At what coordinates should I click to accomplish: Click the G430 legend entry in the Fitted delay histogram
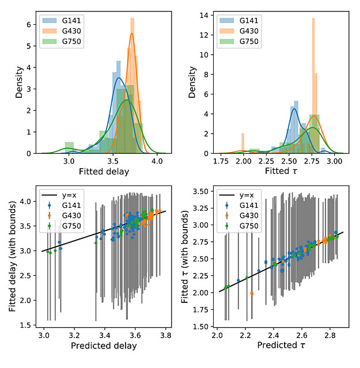click(x=62, y=31)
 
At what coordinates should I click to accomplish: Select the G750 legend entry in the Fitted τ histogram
click(x=239, y=41)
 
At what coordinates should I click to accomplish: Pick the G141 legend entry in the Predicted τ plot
click(x=239, y=206)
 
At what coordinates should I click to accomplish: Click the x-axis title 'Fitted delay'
click(x=104, y=172)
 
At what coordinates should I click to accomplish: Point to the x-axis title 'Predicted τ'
click(x=281, y=345)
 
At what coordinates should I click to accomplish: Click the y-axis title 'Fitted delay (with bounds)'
click(x=12, y=256)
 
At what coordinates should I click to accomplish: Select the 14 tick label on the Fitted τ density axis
click(x=204, y=15)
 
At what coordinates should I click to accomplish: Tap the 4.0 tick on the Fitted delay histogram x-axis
click(x=157, y=161)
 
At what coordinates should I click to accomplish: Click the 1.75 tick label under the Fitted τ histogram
click(x=221, y=161)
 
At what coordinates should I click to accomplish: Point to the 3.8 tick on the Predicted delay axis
click(x=166, y=335)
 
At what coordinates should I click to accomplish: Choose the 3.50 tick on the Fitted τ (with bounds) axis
click(x=200, y=192)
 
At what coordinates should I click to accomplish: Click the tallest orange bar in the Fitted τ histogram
click(x=313, y=86)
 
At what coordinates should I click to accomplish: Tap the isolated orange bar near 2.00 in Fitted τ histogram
click(x=242, y=143)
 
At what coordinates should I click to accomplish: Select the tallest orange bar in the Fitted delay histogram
click(x=132, y=86)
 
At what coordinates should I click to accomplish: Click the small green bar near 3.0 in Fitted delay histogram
click(x=69, y=148)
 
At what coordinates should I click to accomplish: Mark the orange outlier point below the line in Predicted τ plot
click(x=252, y=294)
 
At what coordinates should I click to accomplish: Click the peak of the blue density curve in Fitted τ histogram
click(x=294, y=108)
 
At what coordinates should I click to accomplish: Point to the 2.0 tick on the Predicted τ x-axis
click(x=217, y=335)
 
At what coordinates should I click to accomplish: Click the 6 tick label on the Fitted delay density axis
click(x=29, y=24)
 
